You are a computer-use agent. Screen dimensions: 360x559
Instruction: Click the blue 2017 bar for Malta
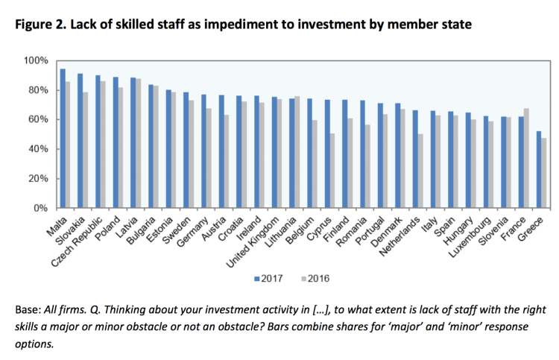pyautogui.click(x=63, y=139)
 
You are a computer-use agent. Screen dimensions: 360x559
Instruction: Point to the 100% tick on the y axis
pyautogui.click(x=37, y=60)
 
